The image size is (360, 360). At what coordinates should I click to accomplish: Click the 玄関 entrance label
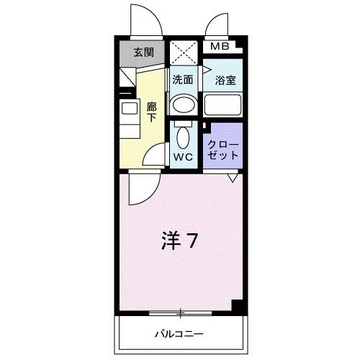pos(143,52)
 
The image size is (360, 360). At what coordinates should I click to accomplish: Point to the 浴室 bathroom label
pos(222,80)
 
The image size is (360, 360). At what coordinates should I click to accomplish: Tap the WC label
pos(183,156)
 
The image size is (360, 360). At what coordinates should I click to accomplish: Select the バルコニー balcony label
pos(179,333)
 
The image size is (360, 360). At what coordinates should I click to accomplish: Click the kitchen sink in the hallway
pos(130,110)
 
